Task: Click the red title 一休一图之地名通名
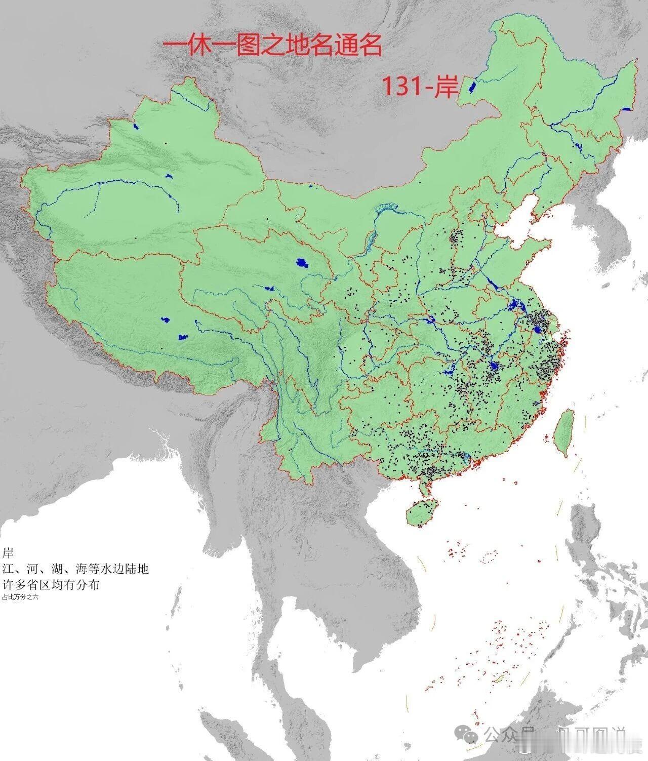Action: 272,46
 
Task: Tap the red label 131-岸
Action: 419,87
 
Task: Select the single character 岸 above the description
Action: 8,552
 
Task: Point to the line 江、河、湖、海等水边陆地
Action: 75,569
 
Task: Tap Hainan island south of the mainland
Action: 422,512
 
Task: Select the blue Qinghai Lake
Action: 302,263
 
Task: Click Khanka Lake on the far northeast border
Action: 627,109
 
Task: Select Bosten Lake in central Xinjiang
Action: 169,176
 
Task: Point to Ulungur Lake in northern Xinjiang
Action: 136,127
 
